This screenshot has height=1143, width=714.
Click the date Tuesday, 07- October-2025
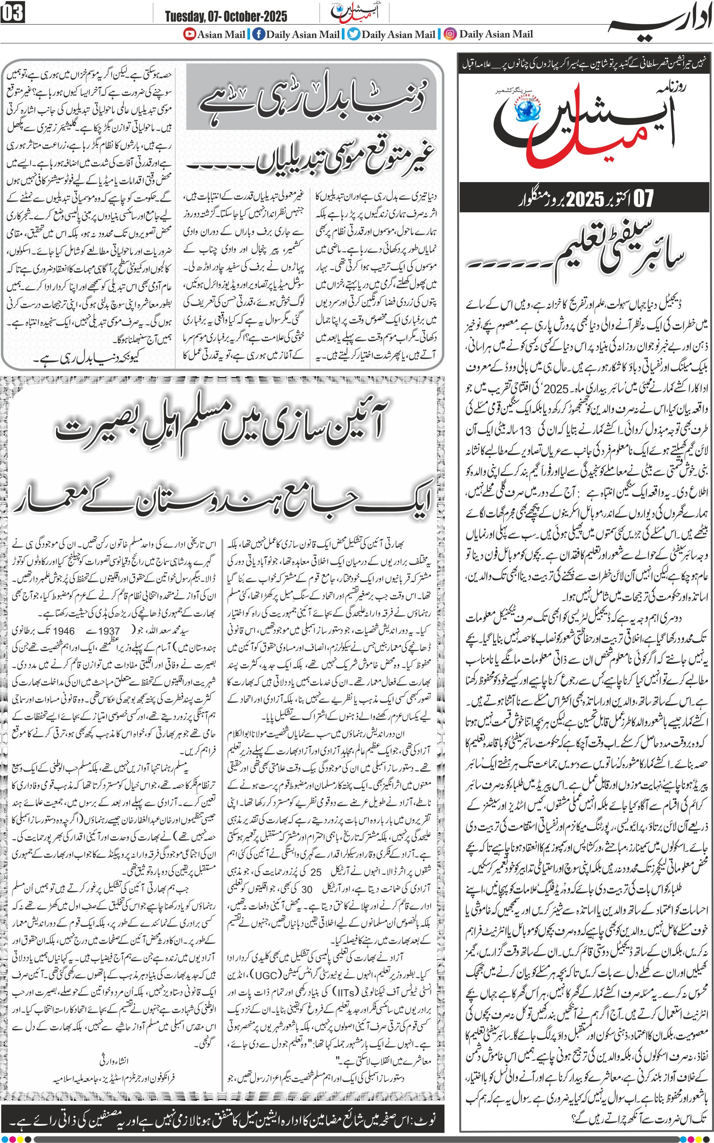pos(226,16)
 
